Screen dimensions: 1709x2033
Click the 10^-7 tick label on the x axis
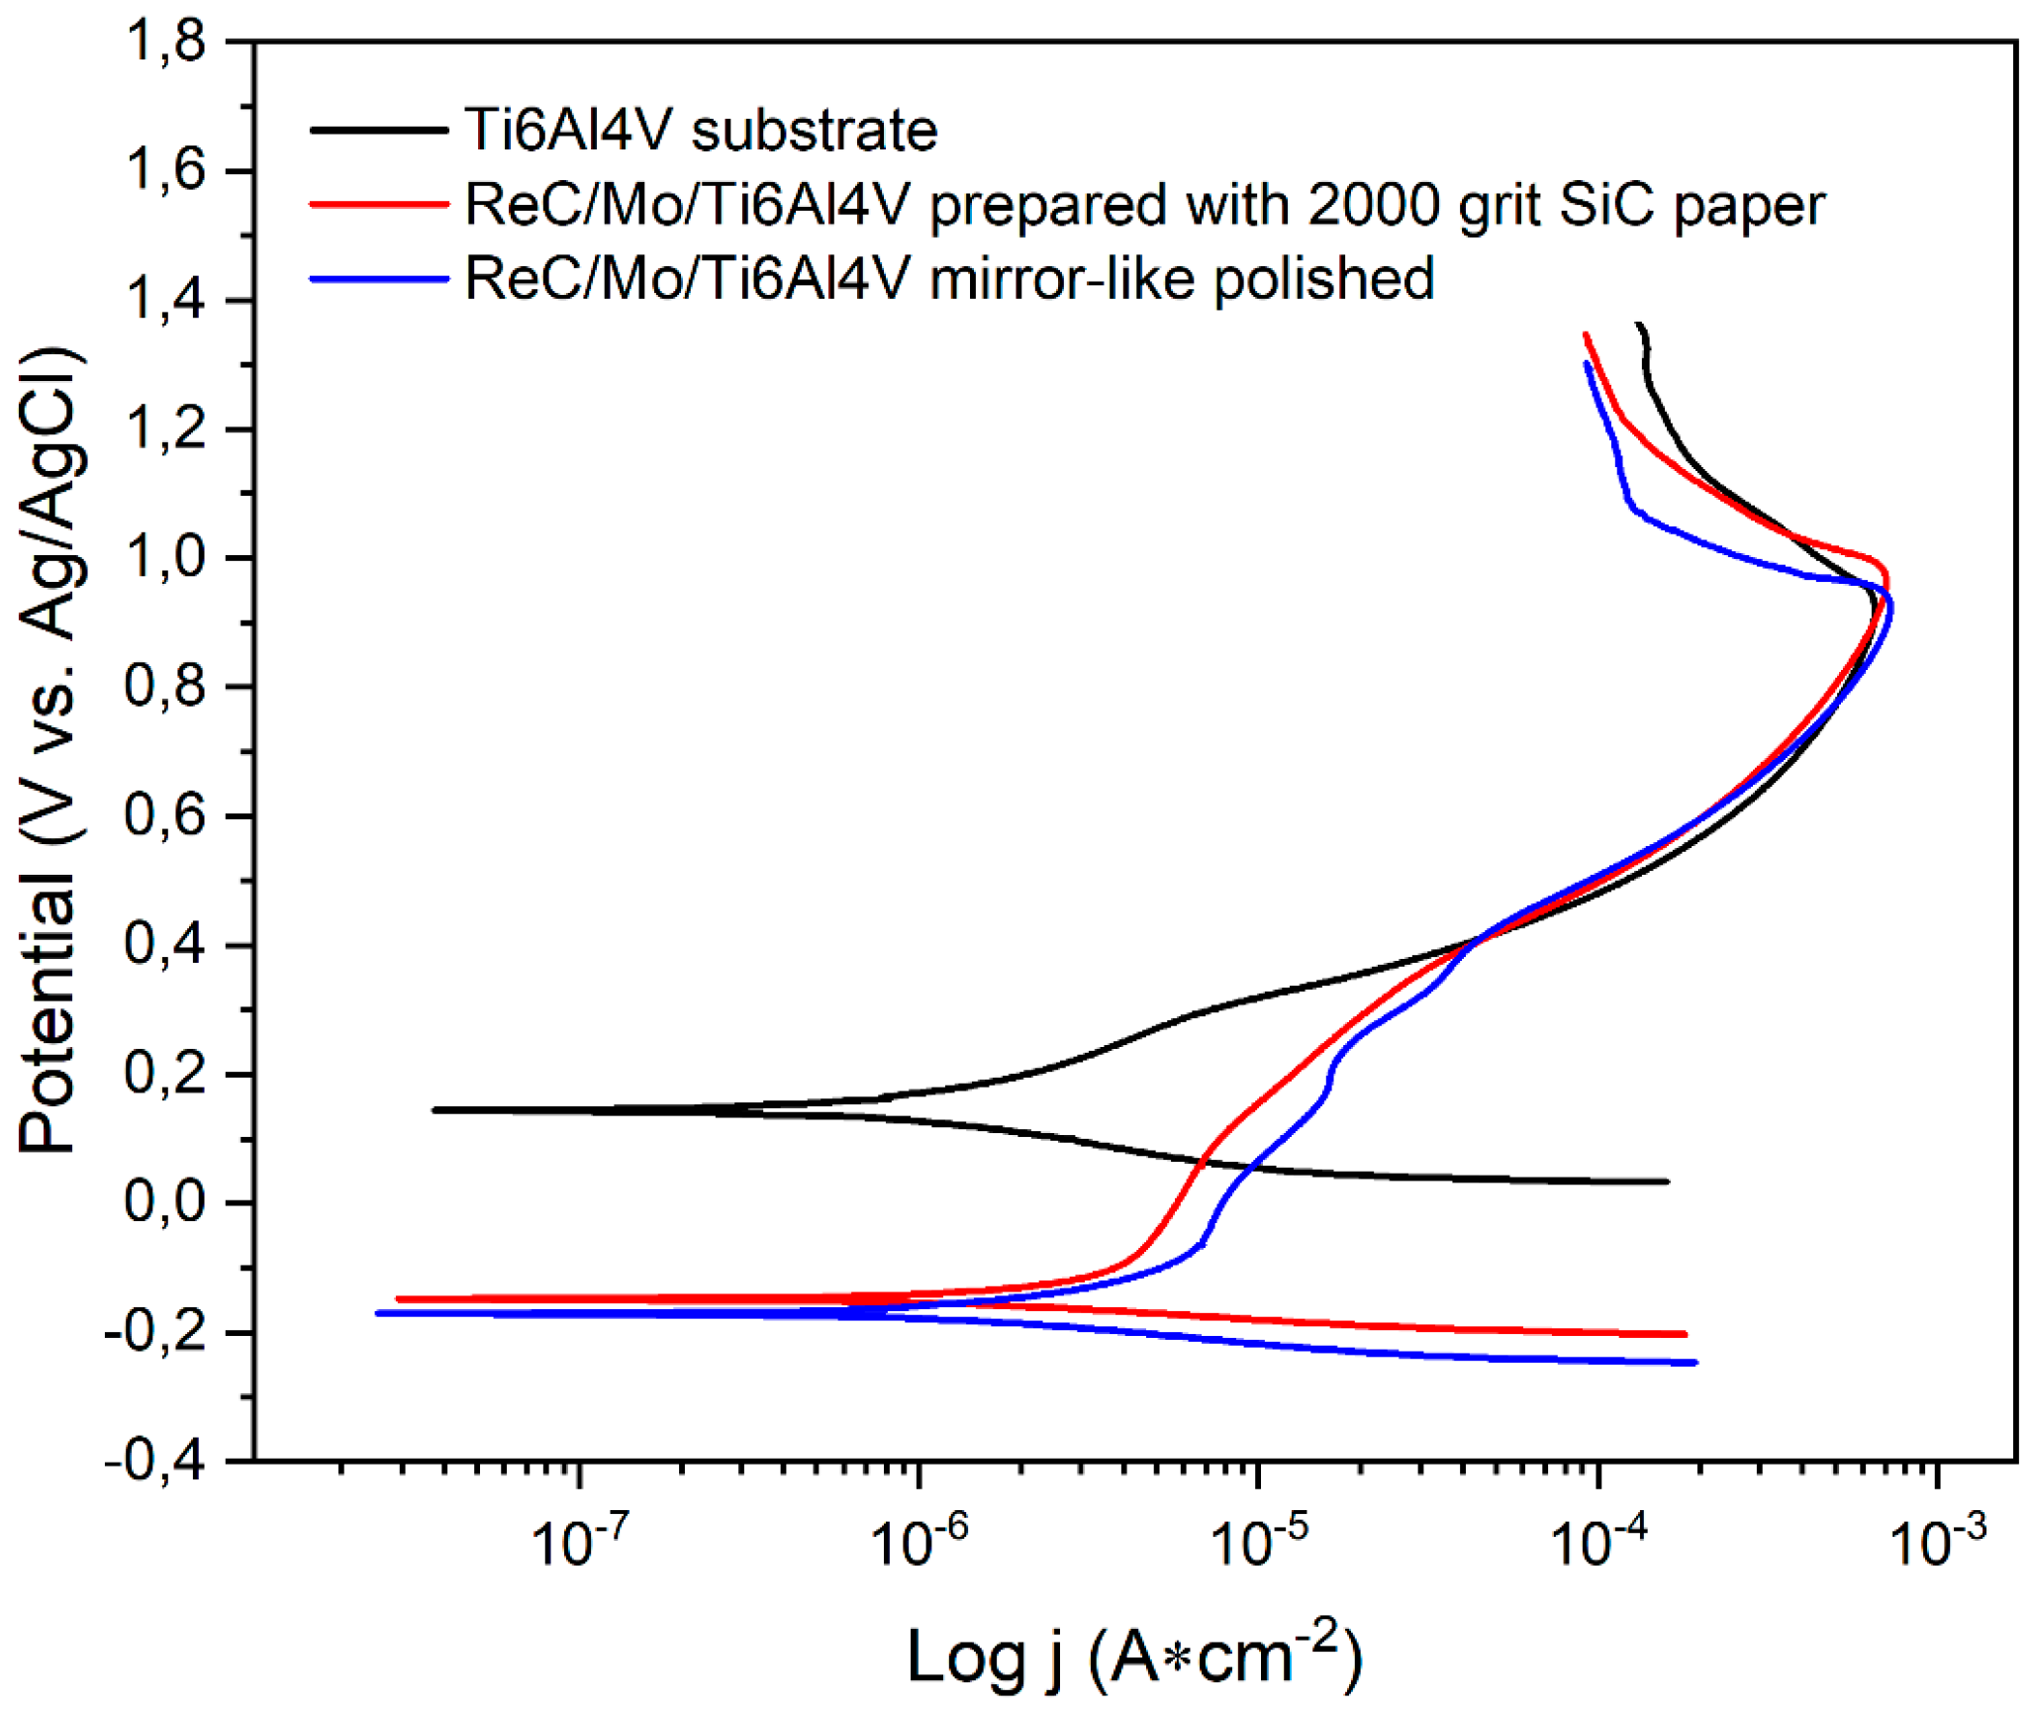tap(580, 1541)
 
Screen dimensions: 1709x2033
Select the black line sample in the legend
tap(378, 130)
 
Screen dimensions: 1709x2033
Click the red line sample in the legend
tap(378, 205)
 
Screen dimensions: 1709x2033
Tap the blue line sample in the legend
tap(378, 279)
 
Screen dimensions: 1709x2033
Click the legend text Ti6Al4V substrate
tap(701, 130)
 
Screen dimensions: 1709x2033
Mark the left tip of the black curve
tap(436, 1109)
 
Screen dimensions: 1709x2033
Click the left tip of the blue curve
tap(378, 1313)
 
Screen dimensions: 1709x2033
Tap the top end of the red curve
tap(1586, 335)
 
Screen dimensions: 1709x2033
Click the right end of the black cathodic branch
tap(1667, 1182)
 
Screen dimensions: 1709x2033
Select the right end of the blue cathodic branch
tap(1695, 1363)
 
